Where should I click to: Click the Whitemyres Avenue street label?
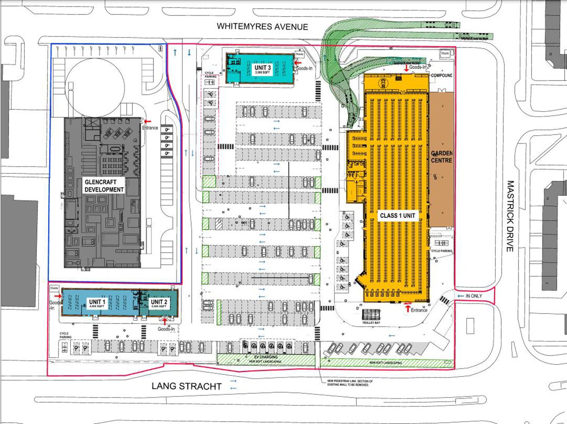pyautogui.click(x=262, y=27)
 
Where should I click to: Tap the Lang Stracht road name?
pyautogui.click(x=187, y=386)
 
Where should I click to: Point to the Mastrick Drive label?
pyautogui.click(x=510, y=216)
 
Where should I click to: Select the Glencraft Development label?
pyautogui.click(x=104, y=186)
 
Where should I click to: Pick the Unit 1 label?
pyautogui.click(x=97, y=303)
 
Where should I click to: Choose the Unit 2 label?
pyautogui.click(x=159, y=303)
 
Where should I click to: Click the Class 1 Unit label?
pyautogui.click(x=397, y=216)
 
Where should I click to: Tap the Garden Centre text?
pyautogui.click(x=441, y=156)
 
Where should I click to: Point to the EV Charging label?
pyautogui.click(x=266, y=357)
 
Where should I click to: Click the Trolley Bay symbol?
pyautogui.click(x=371, y=315)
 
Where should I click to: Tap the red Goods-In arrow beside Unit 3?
pyautogui.click(x=298, y=62)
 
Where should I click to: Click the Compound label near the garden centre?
pyautogui.click(x=441, y=75)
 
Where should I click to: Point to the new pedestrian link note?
pyautogui.click(x=350, y=383)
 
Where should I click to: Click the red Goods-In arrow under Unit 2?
pyautogui.click(x=165, y=321)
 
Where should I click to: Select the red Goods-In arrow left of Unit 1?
pyautogui.click(x=58, y=296)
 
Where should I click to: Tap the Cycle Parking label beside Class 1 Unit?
pyautogui.click(x=441, y=251)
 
